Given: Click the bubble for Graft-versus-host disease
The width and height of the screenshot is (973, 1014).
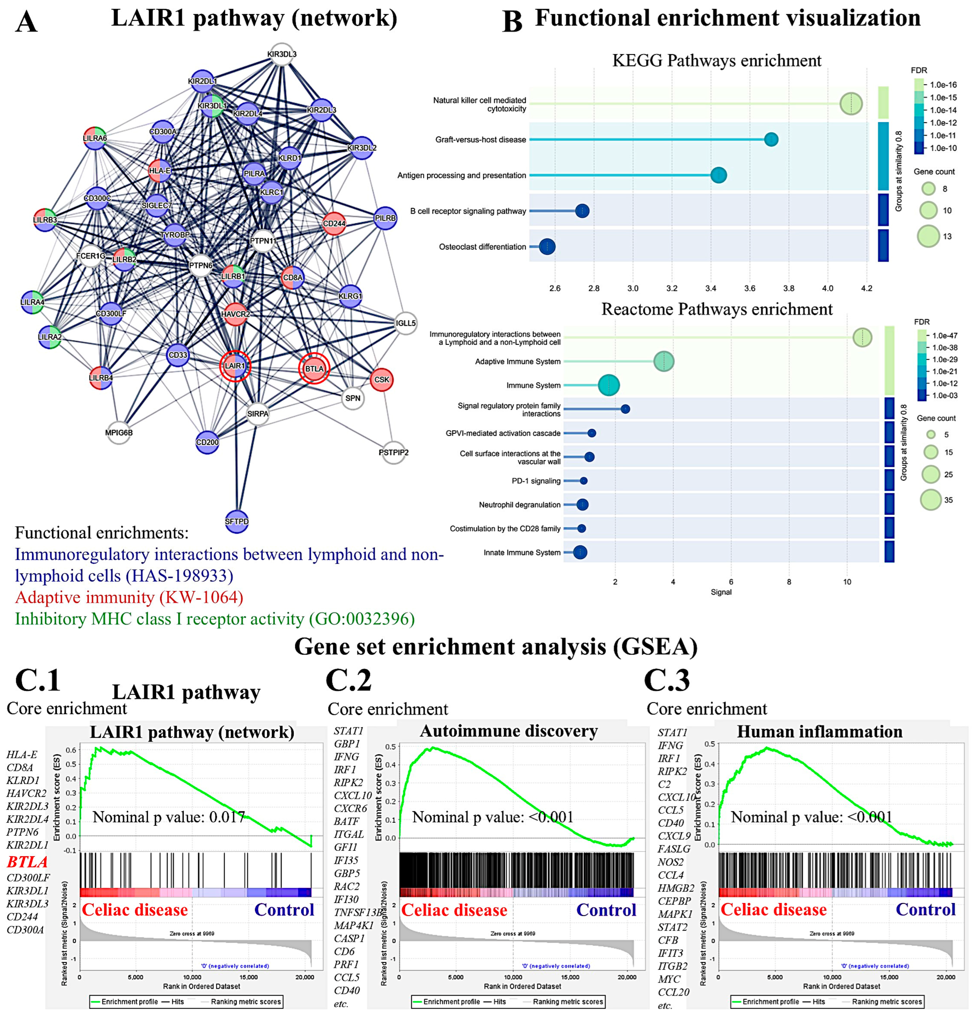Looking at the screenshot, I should [x=771, y=139].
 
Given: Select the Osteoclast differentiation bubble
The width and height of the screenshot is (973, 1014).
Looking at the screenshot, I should [x=547, y=247].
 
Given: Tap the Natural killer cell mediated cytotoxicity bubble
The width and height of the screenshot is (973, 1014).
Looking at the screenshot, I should [x=851, y=104].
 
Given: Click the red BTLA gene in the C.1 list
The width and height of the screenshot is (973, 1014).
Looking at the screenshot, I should [x=27, y=862].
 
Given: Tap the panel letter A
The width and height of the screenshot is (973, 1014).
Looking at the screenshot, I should [x=26, y=23].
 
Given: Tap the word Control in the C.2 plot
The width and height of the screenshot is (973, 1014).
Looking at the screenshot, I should [x=606, y=910].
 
